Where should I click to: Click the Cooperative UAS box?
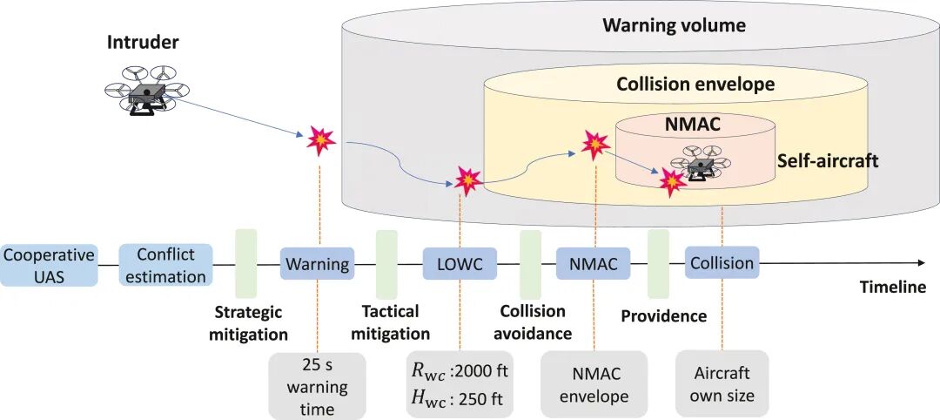click(x=48, y=264)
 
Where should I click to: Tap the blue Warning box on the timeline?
click(x=318, y=263)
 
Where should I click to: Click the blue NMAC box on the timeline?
click(x=593, y=263)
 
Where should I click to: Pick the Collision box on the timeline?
click(x=721, y=263)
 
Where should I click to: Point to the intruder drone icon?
click(x=140, y=89)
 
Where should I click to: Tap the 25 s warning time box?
click(x=318, y=385)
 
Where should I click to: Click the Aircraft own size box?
click(x=722, y=385)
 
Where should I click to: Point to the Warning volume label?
click(x=674, y=25)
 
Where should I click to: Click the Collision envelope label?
click(x=695, y=84)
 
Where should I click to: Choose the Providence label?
click(x=663, y=315)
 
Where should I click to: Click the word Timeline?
click(x=892, y=288)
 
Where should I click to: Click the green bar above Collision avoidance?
click(x=530, y=264)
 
